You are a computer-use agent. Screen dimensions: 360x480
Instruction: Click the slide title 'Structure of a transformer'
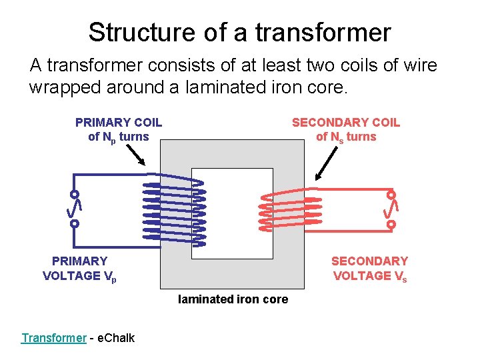[239, 32]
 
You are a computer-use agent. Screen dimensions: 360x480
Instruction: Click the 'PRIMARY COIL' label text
[119, 123]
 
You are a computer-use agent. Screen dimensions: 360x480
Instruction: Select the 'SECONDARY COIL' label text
[345, 123]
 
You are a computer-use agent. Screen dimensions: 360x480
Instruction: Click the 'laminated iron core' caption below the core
[233, 299]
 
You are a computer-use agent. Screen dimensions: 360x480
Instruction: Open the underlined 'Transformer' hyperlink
[53, 338]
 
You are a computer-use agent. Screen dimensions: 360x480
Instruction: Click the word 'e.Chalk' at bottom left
[116, 338]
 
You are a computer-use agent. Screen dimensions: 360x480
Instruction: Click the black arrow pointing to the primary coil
[136, 155]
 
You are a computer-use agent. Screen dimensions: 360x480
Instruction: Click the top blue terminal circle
[75, 194]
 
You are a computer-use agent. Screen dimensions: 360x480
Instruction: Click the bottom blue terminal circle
[75, 224]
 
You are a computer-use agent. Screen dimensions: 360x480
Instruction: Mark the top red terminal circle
[391, 195]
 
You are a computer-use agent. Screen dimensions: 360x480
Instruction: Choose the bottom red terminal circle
[391, 225]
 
